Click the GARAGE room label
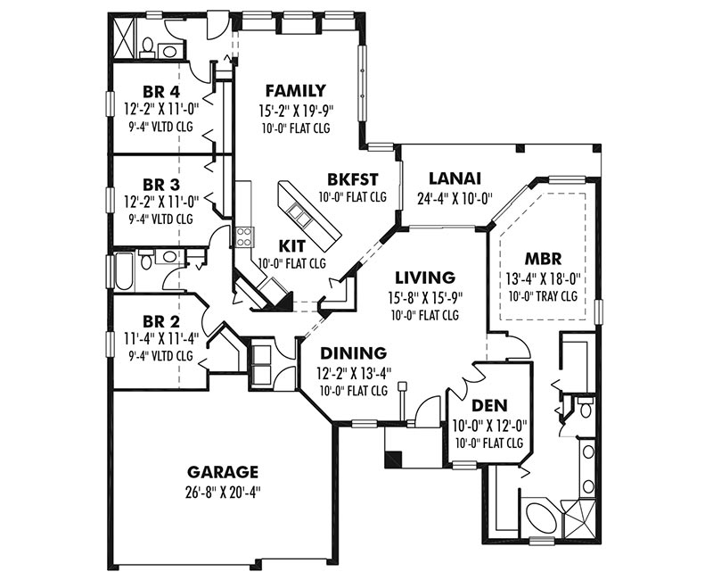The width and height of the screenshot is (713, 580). point(223,472)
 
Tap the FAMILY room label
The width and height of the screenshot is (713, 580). point(296,91)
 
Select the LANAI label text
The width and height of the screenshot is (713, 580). point(455,178)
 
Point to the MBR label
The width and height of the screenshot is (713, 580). point(543,259)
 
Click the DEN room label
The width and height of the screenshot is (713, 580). point(489,405)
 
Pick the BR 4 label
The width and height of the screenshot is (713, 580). point(161,92)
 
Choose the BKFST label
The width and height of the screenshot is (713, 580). point(353,179)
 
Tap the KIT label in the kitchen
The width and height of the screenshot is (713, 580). point(291,246)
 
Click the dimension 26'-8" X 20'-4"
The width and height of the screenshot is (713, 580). point(225,493)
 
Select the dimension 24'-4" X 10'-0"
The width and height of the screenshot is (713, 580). point(455,199)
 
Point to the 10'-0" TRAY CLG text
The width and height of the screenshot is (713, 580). point(543,296)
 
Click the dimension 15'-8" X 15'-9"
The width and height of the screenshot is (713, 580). point(426,297)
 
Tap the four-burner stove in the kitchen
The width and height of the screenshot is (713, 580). point(243,236)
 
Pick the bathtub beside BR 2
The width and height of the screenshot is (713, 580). point(124,272)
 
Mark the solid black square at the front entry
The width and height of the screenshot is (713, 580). point(393,460)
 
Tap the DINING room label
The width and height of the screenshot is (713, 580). point(354,352)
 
